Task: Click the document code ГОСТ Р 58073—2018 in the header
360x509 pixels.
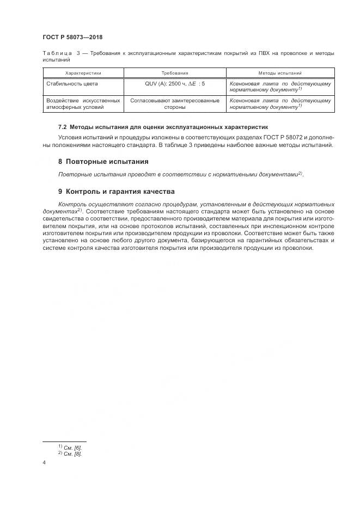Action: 72,38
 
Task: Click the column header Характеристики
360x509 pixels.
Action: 83,73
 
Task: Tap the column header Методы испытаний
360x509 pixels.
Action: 280,73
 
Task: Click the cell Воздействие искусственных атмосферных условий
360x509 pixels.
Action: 83,103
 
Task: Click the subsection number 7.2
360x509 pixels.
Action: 63,126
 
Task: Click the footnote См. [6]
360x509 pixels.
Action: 73,446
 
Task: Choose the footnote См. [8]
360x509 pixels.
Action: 73,453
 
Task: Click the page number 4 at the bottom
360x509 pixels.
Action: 44,463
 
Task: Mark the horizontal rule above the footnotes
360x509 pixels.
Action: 64,441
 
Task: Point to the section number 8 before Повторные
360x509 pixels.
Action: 60,162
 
